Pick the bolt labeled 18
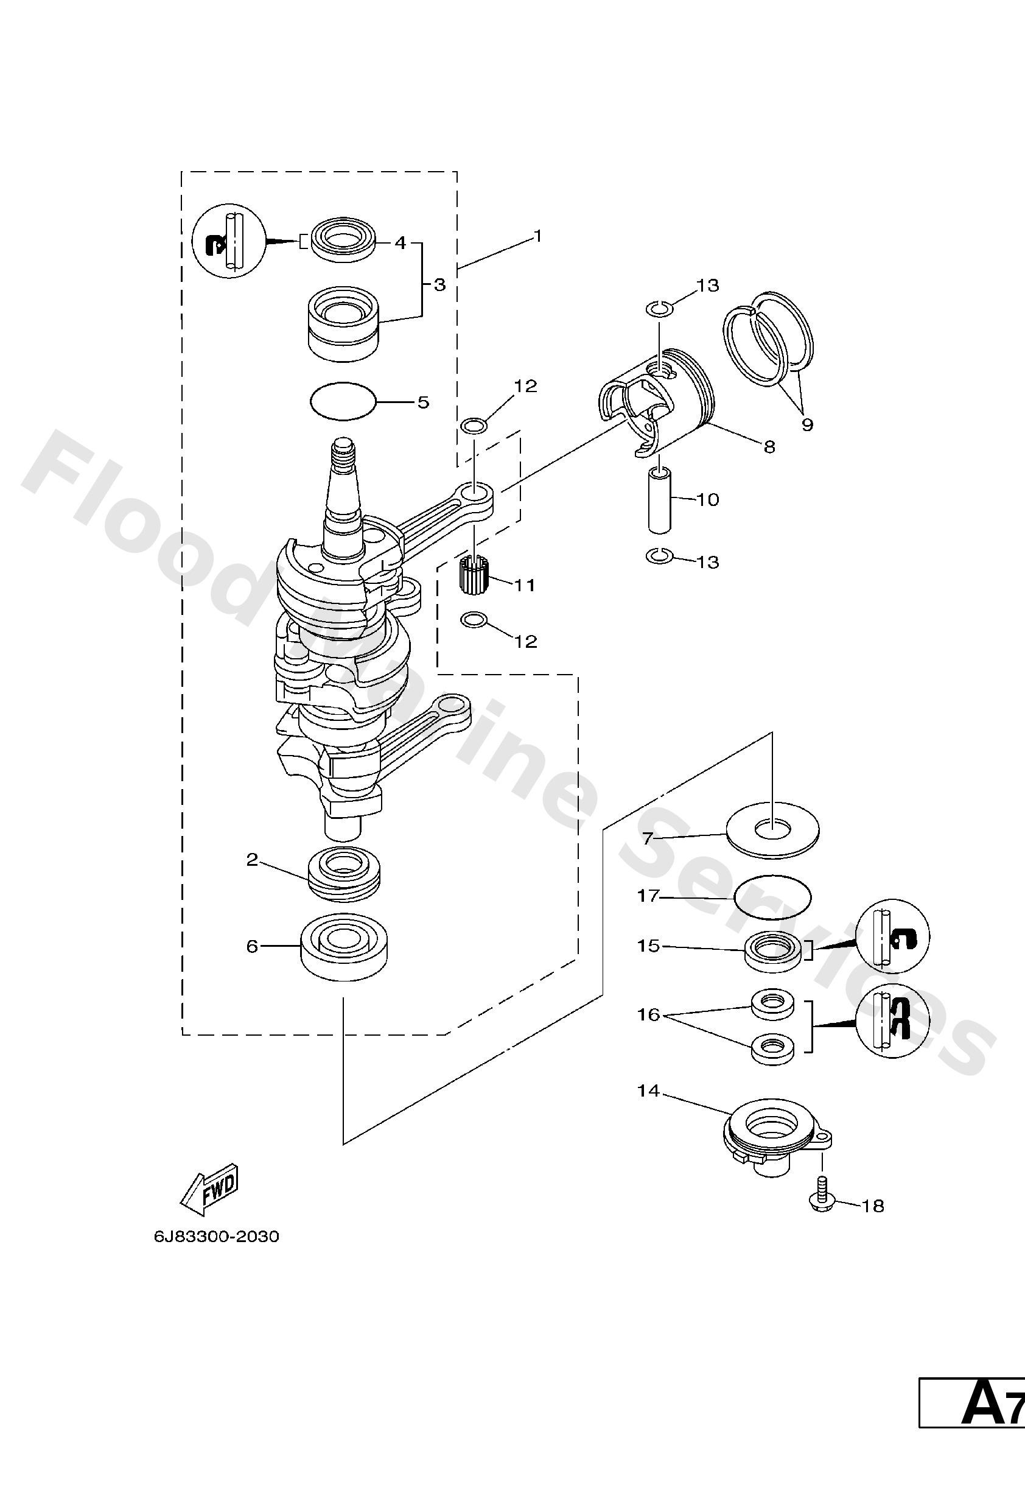822,1199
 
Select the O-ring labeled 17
772,897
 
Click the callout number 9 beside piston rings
806,425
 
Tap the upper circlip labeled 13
659,307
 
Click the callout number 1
537,236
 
